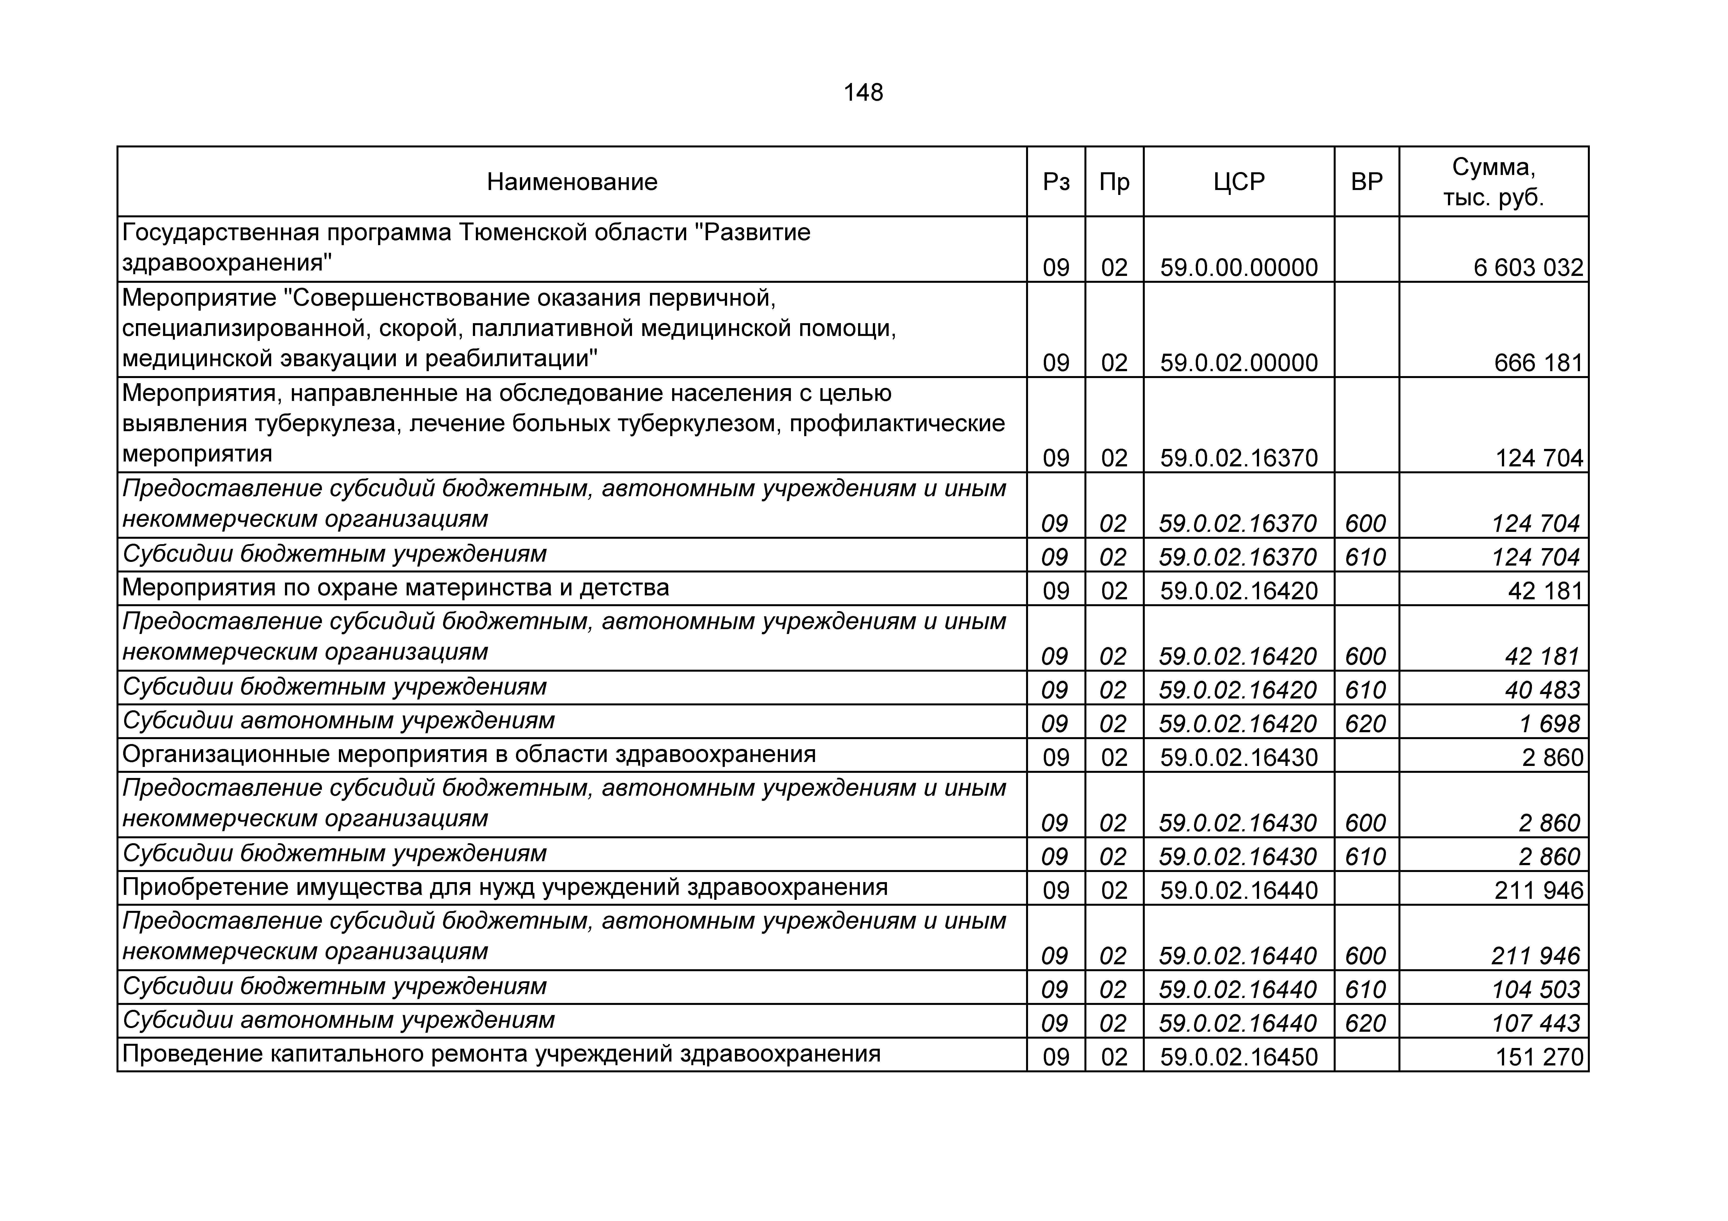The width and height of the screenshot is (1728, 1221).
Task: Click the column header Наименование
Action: pyautogui.click(x=572, y=182)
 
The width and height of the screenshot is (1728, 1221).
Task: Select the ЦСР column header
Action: pyautogui.click(x=1239, y=182)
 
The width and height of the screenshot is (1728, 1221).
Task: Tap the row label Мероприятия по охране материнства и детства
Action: pyautogui.click(x=395, y=587)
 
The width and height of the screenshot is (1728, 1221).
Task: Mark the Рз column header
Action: pyautogui.click(x=1056, y=182)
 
